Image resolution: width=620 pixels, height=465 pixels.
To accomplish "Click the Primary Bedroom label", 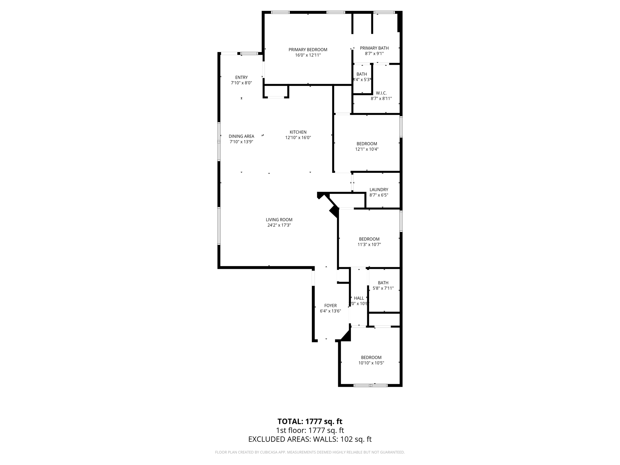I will coord(308,50).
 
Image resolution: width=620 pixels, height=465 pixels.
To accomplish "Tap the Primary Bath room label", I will coord(374,48).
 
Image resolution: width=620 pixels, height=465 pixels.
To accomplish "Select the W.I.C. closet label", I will coord(381,93).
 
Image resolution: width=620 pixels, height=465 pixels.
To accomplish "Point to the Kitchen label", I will coord(298,132).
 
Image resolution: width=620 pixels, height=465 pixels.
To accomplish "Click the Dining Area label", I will coord(241,136).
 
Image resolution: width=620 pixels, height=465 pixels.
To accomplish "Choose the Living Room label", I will coord(279,220).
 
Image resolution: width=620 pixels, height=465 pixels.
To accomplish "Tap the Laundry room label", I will coord(379,190).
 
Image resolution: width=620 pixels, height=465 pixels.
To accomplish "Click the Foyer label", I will coord(330,305).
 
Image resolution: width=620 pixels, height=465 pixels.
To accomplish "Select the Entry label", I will coord(241,77).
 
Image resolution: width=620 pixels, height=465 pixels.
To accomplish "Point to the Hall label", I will coord(359,298).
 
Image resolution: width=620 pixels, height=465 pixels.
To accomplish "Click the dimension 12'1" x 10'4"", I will coord(367,149).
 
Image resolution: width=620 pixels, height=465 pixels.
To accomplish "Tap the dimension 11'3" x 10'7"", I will coord(369,245).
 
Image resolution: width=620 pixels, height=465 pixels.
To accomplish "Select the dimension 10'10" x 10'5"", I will coord(371,363).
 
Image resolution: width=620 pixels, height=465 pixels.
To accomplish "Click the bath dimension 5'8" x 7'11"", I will coord(383,288).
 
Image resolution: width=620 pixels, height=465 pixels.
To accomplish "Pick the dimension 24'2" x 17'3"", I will coord(279,225).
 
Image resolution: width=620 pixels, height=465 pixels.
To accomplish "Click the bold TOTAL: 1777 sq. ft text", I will coord(310,421).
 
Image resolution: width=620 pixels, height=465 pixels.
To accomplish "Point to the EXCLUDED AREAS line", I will coord(310,439).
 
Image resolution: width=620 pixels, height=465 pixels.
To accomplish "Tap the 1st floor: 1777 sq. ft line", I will coord(310,430).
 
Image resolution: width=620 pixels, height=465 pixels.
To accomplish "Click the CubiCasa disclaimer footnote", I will coord(310,452).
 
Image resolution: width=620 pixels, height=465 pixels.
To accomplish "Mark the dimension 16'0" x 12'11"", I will coord(308,55).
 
